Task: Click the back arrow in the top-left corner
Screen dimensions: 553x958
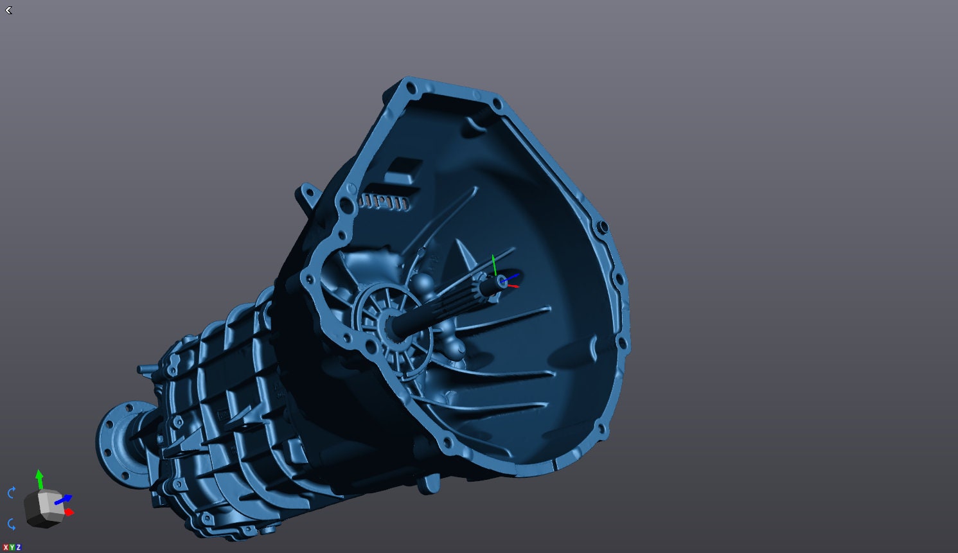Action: point(8,10)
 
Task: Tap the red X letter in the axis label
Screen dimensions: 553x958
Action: point(5,547)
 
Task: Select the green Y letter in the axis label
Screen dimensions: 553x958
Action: point(12,547)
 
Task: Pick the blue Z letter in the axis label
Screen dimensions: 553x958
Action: point(18,547)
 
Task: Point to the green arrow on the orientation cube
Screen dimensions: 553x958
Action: point(39,478)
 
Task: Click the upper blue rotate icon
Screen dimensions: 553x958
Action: point(12,493)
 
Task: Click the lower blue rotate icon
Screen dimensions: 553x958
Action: point(12,524)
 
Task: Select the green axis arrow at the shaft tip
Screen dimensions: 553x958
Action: point(493,263)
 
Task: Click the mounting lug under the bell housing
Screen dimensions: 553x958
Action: point(429,483)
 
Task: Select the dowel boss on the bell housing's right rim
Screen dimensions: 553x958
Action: point(603,227)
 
